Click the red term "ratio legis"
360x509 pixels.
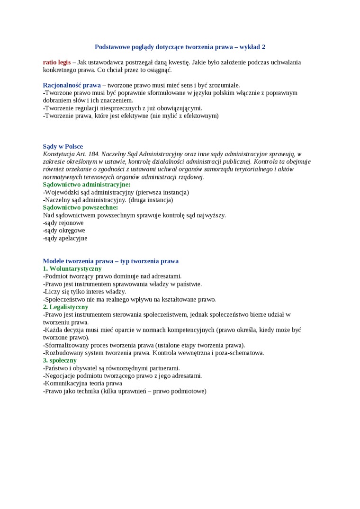pyautogui.click(x=57, y=62)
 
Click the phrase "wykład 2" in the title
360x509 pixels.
pyautogui.click(x=252, y=47)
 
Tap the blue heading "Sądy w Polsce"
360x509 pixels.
pyautogui.click(x=63, y=146)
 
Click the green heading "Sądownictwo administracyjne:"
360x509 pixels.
pyautogui.click(x=87, y=184)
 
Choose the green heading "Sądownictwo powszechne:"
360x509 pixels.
pyautogui.click(x=80, y=207)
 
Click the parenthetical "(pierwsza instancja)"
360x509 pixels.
pyautogui.click(x=162, y=192)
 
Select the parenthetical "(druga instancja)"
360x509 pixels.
pyautogui.click(x=151, y=200)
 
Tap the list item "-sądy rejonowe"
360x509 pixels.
pyautogui.click(x=63, y=223)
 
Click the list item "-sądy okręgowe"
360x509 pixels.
pyautogui.click(x=64, y=230)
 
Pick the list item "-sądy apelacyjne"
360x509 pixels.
pyautogui.click(x=65, y=238)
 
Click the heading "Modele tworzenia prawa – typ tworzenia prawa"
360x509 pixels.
pyautogui.click(x=110, y=261)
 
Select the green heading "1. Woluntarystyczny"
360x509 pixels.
pyautogui.click(x=72, y=268)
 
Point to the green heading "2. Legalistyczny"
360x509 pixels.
pyautogui.click(x=65, y=307)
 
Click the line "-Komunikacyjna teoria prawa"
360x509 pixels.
pyautogui.click(x=82, y=383)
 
